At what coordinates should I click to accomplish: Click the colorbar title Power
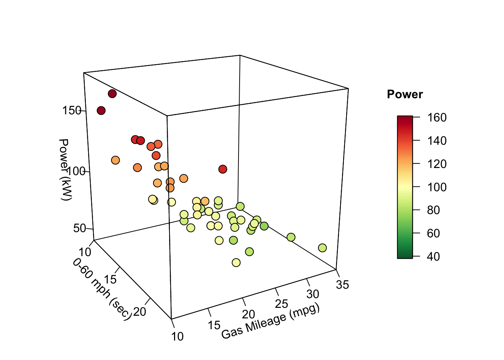pyautogui.click(x=405, y=94)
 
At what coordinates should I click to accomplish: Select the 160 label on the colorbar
pyautogui.click(x=437, y=118)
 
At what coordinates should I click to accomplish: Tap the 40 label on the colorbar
pyautogui.click(x=433, y=256)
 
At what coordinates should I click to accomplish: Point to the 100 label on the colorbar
pyautogui.click(x=437, y=187)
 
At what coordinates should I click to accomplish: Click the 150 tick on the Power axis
pyautogui.click(x=72, y=111)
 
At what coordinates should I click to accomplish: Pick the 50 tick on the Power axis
pyautogui.click(x=79, y=228)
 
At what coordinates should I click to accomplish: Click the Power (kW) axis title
pyautogui.click(x=64, y=169)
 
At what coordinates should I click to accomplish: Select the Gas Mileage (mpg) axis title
pyautogui.click(x=270, y=321)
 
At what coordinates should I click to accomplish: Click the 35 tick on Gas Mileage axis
pyautogui.click(x=342, y=285)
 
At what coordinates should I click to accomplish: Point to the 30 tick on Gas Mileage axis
pyautogui.click(x=313, y=294)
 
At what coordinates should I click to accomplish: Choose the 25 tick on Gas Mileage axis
pyautogui.click(x=282, y=303)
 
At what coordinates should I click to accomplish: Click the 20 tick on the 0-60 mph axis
pyautogui.click(x=139, y=311)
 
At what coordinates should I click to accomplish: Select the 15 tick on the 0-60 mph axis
pyautogui.click(x=111, y=279)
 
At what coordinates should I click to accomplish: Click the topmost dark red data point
pyautogui.click(x=112, y=94)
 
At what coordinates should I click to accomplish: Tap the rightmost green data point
pyautogui.click(x=322, y=248)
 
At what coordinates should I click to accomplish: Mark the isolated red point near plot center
pyautogui.click(x=223, y=169)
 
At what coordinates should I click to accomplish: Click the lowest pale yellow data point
pyautogui.click(x=236, y=262)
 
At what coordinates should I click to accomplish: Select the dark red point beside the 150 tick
pyautogui.click(x=101, y=110)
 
